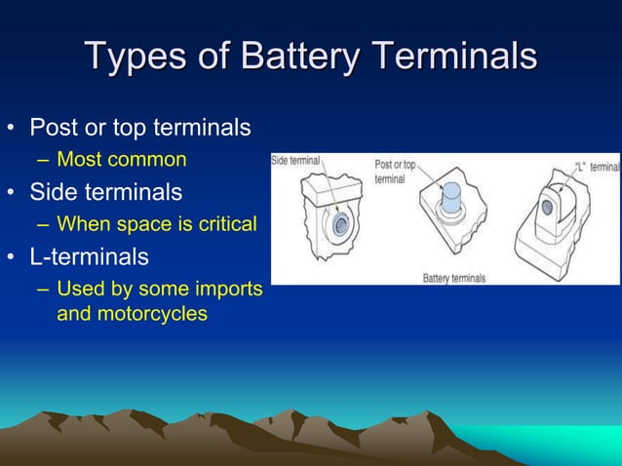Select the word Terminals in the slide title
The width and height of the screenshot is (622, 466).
453,57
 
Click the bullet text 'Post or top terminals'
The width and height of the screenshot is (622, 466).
140,128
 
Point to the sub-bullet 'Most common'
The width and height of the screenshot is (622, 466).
122,158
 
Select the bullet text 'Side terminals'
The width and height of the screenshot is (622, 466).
105,191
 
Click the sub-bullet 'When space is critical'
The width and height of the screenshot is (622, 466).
156,224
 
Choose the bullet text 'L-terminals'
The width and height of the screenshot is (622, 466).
90,256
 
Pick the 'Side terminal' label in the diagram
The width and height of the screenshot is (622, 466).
295,161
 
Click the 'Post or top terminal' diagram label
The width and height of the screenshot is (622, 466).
395,172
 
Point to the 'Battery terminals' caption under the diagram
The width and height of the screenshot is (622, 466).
453,278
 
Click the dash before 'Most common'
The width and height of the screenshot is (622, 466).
43,159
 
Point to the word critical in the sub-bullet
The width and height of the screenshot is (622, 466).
230,224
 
